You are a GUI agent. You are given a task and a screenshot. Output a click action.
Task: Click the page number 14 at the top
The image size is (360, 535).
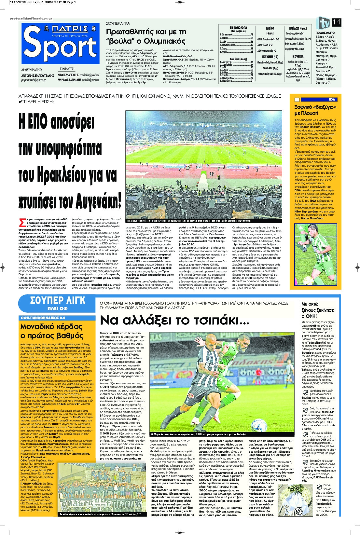[x=336, y=22]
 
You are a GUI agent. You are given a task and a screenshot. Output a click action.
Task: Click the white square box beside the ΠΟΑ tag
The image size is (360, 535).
[x=297, y=100]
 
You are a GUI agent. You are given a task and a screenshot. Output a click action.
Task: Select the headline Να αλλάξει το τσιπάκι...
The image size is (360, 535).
[x=174, y=320]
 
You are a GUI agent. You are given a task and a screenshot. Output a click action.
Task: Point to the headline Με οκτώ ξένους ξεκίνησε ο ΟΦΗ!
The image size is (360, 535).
[x=317, y=310]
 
